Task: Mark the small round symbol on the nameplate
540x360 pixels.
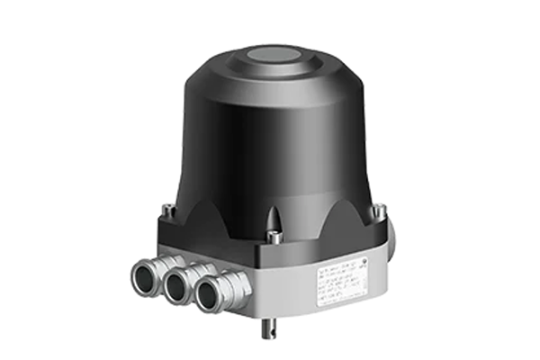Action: click(362, 259)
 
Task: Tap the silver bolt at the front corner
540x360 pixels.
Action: click(274, 235)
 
